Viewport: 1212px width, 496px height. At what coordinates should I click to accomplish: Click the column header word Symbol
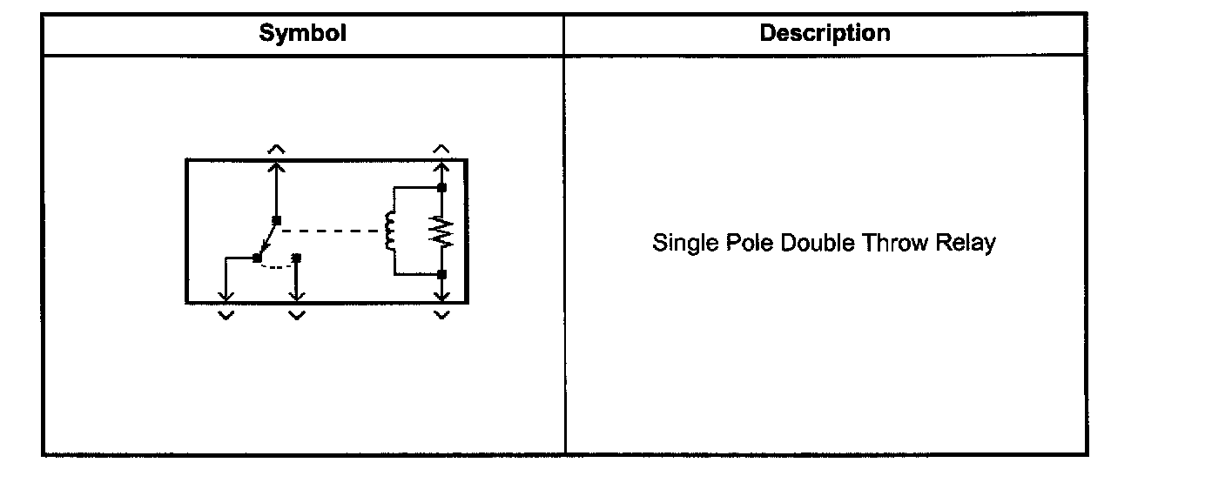pos(302,34)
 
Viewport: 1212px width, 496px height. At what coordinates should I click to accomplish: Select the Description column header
pos(825,34)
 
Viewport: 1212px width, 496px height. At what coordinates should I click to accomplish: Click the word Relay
pos(965,243)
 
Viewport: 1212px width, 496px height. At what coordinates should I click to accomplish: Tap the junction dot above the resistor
pos(442,187)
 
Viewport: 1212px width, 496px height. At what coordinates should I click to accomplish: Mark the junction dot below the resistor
pos(442,274)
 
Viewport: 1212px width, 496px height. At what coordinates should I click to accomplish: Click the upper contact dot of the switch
pos(276,219)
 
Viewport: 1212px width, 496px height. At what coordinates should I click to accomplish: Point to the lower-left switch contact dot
pos(257,258)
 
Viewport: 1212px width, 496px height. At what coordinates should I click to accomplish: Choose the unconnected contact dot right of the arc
pos(296,258)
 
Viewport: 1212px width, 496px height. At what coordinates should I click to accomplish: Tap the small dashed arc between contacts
pos(277,266)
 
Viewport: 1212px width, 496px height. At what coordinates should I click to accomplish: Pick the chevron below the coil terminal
pos(442,315)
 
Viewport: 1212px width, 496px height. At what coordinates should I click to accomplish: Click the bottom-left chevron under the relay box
pos(226,315)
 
